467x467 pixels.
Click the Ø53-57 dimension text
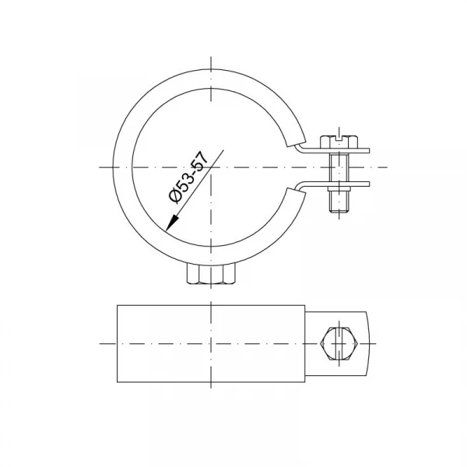(x=188, y=177)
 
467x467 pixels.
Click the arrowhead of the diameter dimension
(x=172, y=223)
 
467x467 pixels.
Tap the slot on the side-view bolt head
(x=339, y=138)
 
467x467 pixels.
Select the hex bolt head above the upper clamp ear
(x=339, y=142)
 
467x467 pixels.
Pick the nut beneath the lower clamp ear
(x=339, y=189)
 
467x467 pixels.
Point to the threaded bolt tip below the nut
(x=339, y=202)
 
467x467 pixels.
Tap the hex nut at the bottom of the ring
(x=212, y=273)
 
